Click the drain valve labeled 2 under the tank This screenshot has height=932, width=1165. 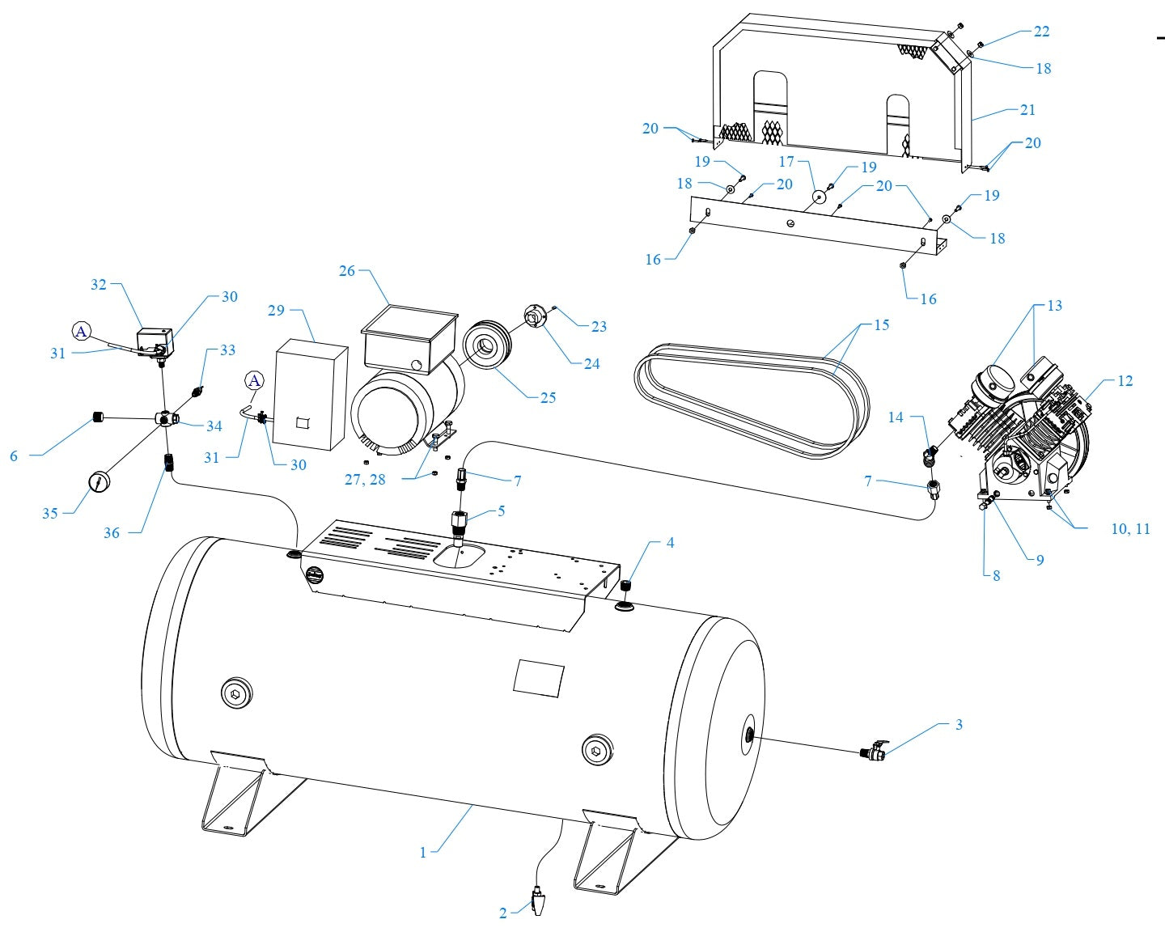point(540,900)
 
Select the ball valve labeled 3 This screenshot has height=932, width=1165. point(874,752)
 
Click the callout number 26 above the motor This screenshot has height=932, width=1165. point(347,271)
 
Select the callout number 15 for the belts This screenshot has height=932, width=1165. point(881,325)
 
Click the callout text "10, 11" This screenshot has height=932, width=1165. point(1129,529)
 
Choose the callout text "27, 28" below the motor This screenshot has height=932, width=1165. point(365,480)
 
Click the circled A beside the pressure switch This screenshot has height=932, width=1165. point(82,331)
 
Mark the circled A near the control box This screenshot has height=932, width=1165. point(255,380)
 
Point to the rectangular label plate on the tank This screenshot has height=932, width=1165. point(539,677)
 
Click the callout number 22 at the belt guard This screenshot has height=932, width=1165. point(1041,32)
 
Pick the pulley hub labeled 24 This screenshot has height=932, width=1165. point(535,319)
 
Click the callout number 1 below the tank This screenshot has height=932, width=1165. point(422,852)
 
